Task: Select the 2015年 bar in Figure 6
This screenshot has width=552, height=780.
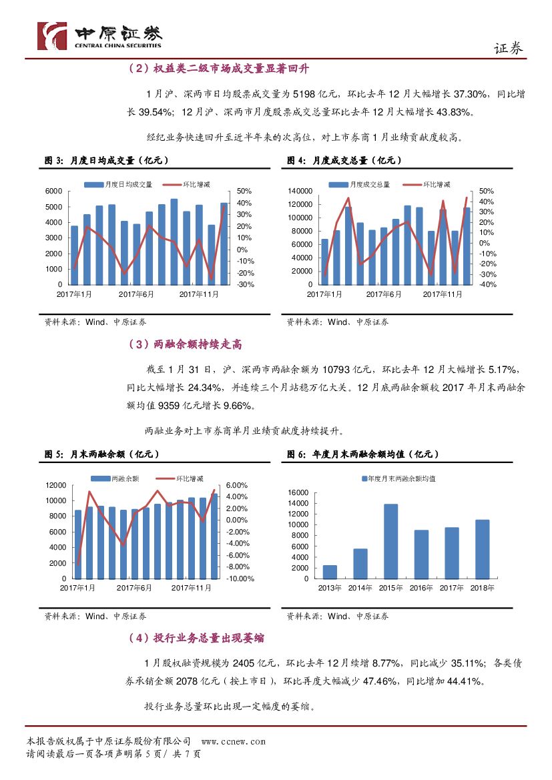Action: [390, 541]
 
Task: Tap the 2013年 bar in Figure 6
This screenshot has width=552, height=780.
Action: [330, 572]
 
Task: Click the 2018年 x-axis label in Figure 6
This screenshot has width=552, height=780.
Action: [482, 588]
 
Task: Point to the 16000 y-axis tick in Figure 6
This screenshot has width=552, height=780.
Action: [298, 492]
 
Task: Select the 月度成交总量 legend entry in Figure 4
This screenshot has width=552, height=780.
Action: [370, 184]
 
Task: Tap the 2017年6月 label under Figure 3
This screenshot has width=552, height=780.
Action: [136, 294]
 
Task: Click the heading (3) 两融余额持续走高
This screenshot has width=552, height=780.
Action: [184, 344]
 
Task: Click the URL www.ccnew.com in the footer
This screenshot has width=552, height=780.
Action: [233, 741]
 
